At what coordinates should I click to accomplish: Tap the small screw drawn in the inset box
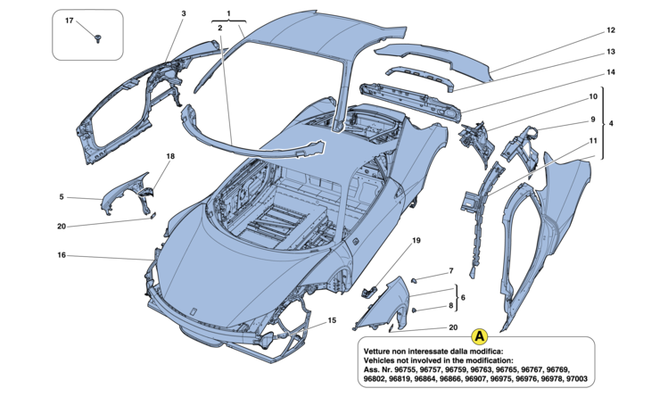[98, 37]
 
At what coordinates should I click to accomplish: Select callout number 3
[183, 14]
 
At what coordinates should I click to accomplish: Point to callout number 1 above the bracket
[229, 12]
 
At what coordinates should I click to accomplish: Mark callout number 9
[591, 120]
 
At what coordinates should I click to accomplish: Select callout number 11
[591, 141]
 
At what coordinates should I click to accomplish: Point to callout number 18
[169, 156]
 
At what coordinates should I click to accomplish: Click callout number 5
[62, 197]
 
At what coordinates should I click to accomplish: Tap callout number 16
[62, 255]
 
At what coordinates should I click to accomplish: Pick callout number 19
[416, 241]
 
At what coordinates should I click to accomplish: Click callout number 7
[451, 269]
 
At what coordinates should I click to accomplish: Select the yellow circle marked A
[479, 335]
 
